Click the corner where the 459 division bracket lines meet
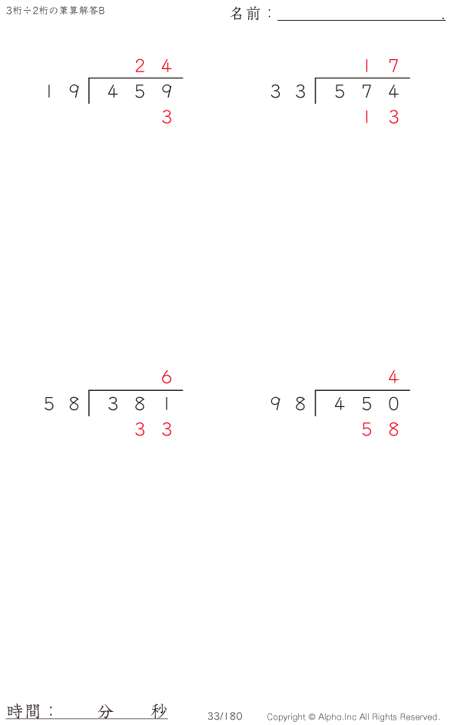89,78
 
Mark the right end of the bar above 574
410,78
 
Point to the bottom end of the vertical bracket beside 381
89,415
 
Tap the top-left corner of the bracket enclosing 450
315,391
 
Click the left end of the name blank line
278,20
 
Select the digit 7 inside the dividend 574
366,91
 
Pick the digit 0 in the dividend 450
393,404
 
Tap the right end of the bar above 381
183,391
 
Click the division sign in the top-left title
28,11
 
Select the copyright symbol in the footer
312,717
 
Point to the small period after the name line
443,19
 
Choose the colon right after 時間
51,711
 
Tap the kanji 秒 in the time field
158,711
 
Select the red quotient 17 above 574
380,66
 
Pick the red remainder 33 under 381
154,429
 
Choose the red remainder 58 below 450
380,429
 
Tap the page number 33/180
224,717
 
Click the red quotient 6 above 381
167,378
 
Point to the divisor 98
287,404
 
